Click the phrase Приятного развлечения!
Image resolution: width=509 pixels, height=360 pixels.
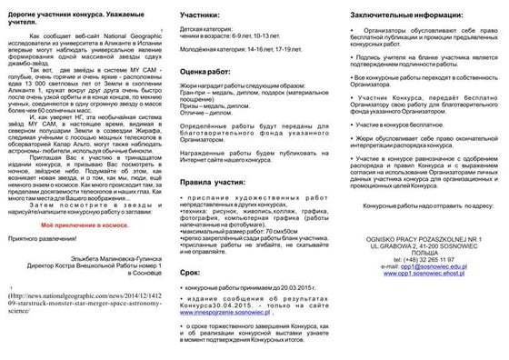coord(49,236)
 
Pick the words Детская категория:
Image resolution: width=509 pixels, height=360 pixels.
coord(205,30)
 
